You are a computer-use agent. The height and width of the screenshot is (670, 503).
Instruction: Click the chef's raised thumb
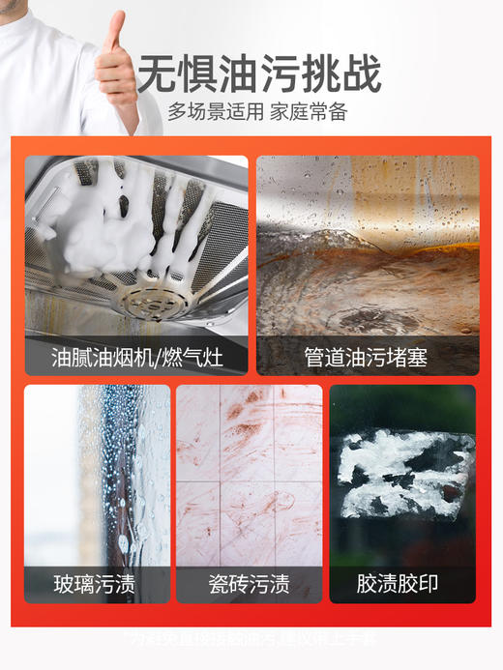116,27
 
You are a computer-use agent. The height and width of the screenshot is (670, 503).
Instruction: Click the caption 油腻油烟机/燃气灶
136,358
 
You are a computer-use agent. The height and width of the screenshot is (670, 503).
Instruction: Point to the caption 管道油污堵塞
368,358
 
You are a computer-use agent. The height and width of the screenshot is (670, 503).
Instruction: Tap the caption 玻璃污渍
94,584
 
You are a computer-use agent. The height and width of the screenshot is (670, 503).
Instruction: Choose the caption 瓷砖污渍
249,584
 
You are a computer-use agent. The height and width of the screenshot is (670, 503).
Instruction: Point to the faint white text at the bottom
251,639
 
